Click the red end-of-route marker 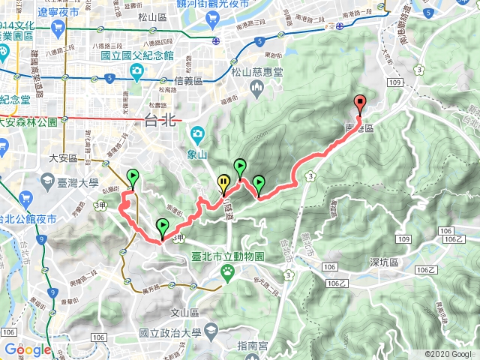pyautogui.click(x=360, y=103)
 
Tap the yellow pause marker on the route pyautogui.click(x=223, y=181)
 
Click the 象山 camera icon pyautogui.click(x=196, y=134)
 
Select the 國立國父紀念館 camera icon pyautogui.click(x=136, y=71)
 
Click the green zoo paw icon pyautogui.click(x=226, y=274)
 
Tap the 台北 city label pyautogui.click(x=158, y=122)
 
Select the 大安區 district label pyautogui.click(x=64, y=158)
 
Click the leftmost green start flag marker pyautogui.click(x=133, y=176)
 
